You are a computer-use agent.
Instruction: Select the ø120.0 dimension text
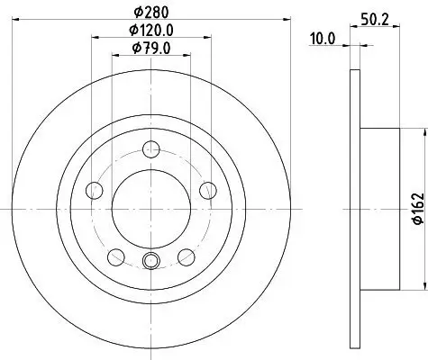pos(150,31)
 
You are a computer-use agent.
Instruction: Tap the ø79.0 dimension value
pos(150,49)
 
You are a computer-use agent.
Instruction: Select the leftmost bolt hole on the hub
pos(94,189)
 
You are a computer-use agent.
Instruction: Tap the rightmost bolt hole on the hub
pos(208,189)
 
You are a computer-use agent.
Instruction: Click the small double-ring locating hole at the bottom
pos(150,262)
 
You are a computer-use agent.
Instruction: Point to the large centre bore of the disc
pos(150,208)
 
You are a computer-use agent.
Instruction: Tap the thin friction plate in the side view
pos(355,209)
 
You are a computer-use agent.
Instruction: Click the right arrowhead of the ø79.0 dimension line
pos(188,58)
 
